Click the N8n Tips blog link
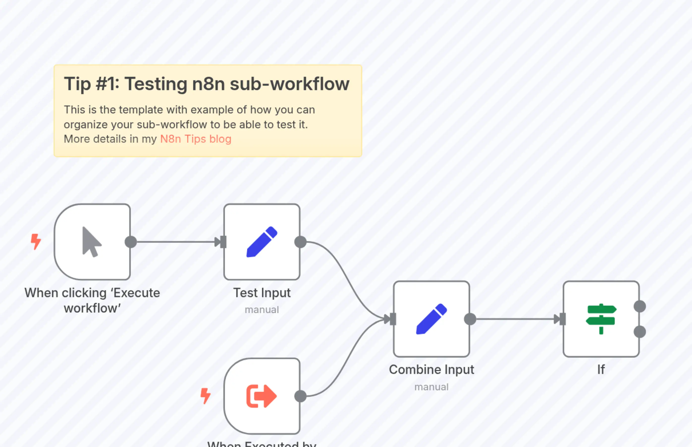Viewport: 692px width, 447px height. click(196, 139)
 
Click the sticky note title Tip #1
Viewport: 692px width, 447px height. click(206, 84)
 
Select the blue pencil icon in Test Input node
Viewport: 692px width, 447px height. click(262, 242)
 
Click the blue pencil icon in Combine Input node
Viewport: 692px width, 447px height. click(431, 319)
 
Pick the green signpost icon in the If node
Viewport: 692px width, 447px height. click(601, 319)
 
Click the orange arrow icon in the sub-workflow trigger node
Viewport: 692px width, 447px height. click(261, 396)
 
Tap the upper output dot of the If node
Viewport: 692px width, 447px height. click(640, 307)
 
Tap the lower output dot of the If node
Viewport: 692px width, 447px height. click(640, 332)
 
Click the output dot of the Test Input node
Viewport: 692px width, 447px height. click(300, 242)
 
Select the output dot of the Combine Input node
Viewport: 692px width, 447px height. click(470, 319)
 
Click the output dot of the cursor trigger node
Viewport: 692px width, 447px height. click(131, 242)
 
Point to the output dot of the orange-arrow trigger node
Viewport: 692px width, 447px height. click(300, 396)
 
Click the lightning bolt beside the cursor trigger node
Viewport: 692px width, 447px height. click(36, 241)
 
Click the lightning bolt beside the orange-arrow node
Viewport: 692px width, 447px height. click(206, 396)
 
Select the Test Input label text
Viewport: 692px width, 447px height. click(262, 292)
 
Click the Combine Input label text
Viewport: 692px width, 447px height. click(431, 370)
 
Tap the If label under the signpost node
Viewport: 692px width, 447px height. click(601, 370)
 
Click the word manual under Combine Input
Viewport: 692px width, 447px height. click(431, 387)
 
